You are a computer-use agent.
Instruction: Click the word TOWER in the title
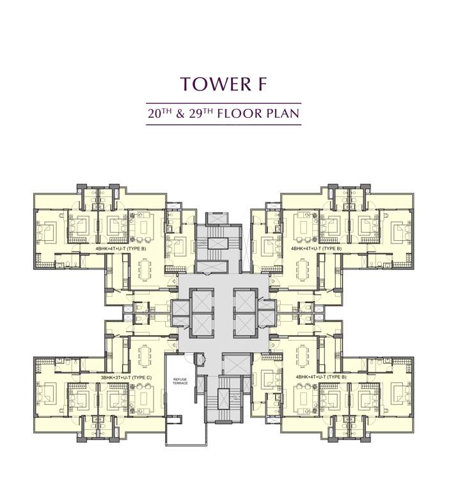[209, 84]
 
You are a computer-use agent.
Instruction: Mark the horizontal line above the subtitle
[223, 103]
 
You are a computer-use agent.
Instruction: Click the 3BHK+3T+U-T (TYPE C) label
[126, 378]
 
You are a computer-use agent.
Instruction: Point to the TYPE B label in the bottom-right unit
[321, 378]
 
